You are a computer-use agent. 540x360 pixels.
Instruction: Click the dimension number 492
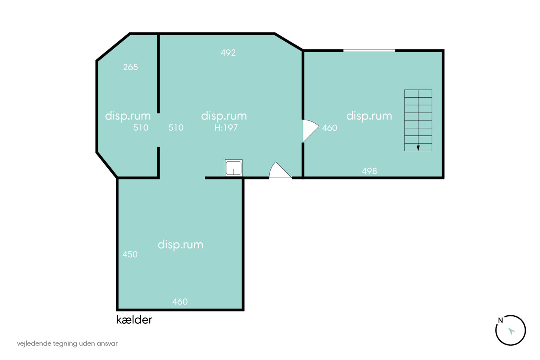pos(228,52)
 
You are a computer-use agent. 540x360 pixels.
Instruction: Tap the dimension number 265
pos(130,67)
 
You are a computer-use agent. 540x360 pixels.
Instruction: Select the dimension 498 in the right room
pos(370,171)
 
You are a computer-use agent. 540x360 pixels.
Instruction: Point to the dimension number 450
pos(130,254)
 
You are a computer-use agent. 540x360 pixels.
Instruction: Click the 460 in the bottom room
pos(180,302)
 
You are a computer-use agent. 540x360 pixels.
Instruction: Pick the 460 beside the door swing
pos(329,128)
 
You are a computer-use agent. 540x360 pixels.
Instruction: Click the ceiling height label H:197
pos(226,128)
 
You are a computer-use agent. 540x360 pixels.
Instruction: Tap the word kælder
pos(134,320)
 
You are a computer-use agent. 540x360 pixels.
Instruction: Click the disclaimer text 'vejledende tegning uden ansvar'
pos(67,344)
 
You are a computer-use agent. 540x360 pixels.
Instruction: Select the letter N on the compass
pos(501,320)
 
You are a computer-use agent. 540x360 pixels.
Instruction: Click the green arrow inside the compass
pos(511,331)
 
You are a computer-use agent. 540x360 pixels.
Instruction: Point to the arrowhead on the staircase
pos(418,148)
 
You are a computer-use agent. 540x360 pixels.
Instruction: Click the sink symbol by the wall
pos(234,168)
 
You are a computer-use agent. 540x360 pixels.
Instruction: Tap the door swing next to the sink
pos(280,170)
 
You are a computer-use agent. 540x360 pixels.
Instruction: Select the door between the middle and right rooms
pos(311,131)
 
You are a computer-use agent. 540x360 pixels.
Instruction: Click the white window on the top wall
pos(369,51)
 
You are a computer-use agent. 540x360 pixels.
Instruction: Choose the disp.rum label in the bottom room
pos(181,245)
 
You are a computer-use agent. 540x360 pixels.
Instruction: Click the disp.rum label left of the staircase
pos(369,116)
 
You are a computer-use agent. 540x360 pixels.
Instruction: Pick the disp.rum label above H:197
pos(224,116)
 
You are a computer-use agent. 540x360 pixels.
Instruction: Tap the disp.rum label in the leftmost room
pos(128,116)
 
